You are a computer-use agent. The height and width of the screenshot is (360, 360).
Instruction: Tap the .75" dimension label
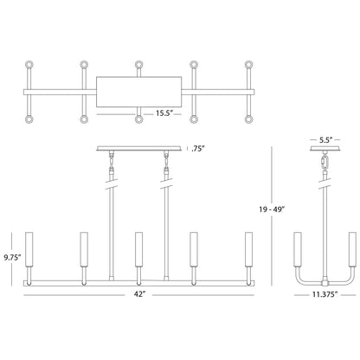tap(197, 148)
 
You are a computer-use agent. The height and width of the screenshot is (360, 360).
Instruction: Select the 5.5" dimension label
tap(325, 138)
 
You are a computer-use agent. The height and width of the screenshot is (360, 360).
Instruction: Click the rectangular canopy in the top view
tap(139, 90)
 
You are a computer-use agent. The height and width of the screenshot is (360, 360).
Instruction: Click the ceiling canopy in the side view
tap(325, 149)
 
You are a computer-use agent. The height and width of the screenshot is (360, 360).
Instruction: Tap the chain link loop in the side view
tap(325, 164)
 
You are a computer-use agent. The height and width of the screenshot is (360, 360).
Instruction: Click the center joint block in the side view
tap(325, 283)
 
